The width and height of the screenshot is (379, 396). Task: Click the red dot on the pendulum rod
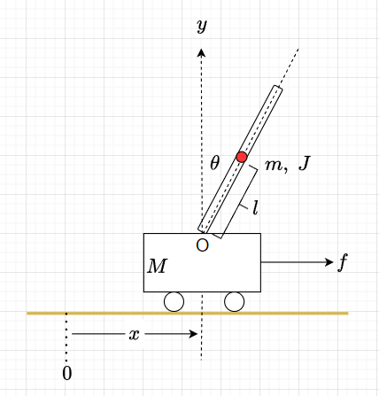tap(242, 157)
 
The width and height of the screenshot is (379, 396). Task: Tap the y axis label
tap(202, 26)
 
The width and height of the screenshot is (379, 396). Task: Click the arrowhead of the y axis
tap(201, 52)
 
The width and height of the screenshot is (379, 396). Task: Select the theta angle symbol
tap(215, 163)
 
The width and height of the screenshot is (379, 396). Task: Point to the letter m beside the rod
tap(274, 165)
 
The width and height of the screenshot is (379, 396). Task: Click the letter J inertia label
tap(305, 163)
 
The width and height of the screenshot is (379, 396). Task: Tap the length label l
tap(256, 207)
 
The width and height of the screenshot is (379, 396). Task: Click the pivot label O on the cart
tap(203, 245)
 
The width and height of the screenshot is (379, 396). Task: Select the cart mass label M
tap(158, 266)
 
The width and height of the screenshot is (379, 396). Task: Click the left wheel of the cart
tap(174, 302)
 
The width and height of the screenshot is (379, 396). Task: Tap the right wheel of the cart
tap(235, 302)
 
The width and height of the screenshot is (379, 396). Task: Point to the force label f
tap(343, 262)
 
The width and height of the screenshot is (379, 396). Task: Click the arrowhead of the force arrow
tap(329, 262)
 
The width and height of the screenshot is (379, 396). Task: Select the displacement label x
tap(135, 335)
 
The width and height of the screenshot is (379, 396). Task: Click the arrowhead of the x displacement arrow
tap(194, 334)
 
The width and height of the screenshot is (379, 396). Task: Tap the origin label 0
tap(67, 374)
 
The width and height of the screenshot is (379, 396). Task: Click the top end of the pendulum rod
tap(277, 88)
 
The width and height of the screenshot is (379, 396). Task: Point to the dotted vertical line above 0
tap(66, 337)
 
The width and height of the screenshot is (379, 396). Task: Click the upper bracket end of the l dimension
tap(253, 167)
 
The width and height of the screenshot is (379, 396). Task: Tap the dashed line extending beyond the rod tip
tap(289, 67)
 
